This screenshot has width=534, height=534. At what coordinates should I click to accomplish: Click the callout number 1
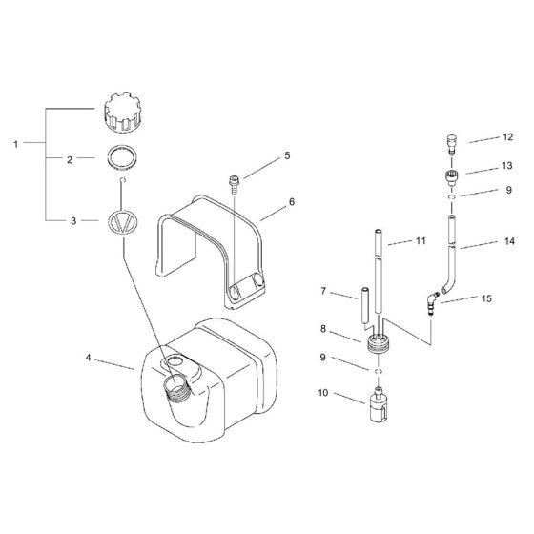pyautogui.click(x=15, y=144)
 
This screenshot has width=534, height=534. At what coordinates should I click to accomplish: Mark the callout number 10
pyautogui.click(x=323, y=393)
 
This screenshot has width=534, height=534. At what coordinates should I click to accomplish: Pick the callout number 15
pyautogui.click(x=486, y=299)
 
